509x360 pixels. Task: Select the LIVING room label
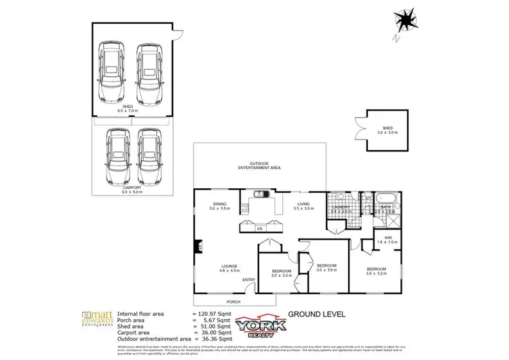point(303,203)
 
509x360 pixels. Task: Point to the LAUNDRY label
point(341,206)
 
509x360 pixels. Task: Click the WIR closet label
point(389,238)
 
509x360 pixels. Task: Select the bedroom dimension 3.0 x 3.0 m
point(282,275)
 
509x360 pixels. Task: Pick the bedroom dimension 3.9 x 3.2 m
point(376,273)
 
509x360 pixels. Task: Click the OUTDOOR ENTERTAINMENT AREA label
point(259,165)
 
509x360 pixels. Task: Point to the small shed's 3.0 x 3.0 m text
point(387,132)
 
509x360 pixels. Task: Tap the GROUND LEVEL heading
point(317,314)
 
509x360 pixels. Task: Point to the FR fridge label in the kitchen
point(259,229)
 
